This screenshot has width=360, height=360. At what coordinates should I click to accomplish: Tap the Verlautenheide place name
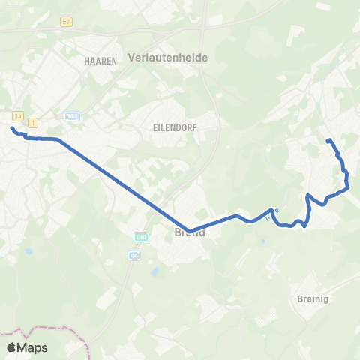coord(168,57)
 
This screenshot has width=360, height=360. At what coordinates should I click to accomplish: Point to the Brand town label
coord(189,232)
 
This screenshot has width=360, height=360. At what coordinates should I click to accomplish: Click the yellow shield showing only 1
coord(34,121)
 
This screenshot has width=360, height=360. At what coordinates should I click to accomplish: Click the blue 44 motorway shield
coord(134,255)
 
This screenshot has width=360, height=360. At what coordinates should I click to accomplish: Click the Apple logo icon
coord(12,347)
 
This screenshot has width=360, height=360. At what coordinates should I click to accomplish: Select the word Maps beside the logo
coord(33,347)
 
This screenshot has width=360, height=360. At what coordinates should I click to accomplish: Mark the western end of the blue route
coord(12,128)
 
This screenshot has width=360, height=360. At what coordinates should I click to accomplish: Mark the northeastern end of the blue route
coord(328,140)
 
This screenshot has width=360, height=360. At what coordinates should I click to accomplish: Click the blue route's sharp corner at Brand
coord(189,230)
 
